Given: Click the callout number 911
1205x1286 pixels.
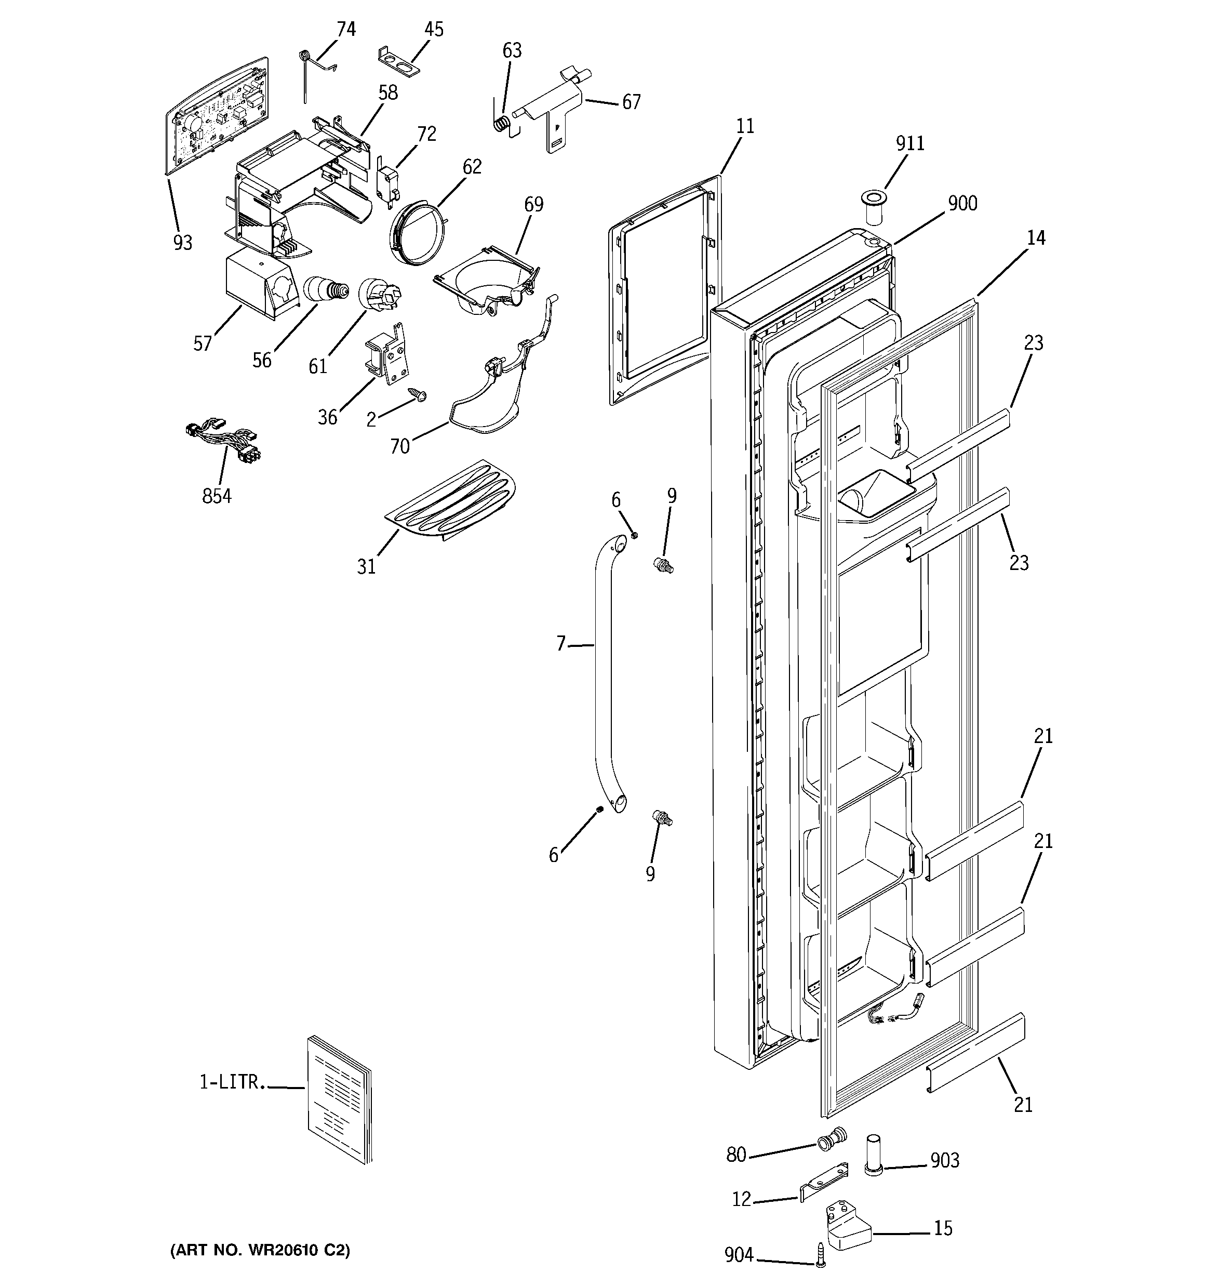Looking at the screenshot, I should (909, 143).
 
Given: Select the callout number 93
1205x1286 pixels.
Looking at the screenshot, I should (182, 243).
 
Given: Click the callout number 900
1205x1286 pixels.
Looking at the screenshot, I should (962, 203).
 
